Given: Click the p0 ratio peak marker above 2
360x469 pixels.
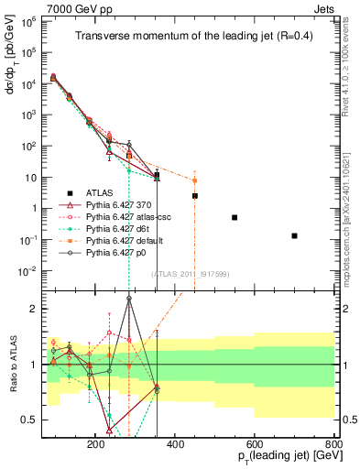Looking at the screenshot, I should click(129, 298).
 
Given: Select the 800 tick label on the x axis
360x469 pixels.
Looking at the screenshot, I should click(333, 442).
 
